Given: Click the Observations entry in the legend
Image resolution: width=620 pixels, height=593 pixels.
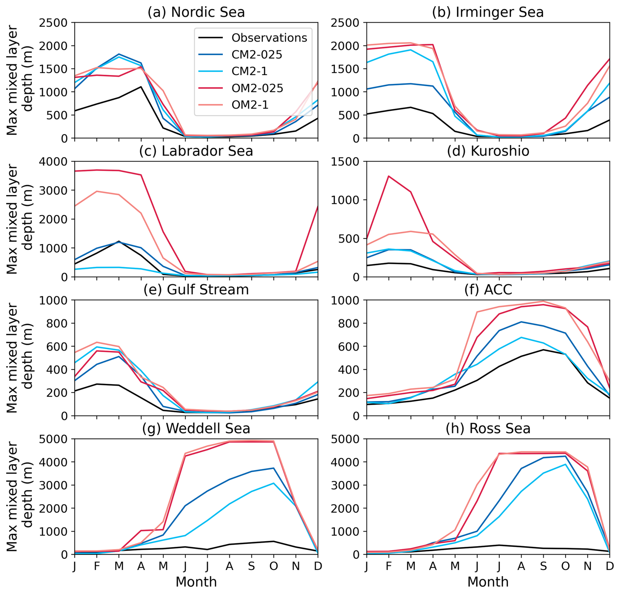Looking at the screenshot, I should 269,38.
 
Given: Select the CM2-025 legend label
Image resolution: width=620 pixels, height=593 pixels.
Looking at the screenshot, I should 257,54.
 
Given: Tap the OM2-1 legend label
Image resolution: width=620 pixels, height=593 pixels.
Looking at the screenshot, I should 250,105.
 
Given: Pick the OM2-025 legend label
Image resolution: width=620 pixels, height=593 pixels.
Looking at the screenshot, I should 257,88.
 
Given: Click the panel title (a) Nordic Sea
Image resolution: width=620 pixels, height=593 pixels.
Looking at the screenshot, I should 196,12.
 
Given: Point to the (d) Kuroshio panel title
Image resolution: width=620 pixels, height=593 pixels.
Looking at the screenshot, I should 488,151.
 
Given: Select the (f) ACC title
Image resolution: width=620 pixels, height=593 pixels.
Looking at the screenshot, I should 488,290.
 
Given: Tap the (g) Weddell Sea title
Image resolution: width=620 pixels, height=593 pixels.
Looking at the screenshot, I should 196,428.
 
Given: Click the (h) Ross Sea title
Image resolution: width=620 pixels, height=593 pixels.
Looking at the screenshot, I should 488,428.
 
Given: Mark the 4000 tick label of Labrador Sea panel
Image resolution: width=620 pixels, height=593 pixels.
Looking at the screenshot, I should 53,161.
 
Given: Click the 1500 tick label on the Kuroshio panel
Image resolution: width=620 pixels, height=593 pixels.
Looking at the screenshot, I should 345,161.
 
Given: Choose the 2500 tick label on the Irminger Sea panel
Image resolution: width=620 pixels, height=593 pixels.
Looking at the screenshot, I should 345,23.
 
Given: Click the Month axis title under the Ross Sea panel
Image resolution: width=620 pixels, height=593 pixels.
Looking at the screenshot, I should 488,582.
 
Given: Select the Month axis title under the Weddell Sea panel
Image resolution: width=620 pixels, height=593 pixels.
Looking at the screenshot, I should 196,582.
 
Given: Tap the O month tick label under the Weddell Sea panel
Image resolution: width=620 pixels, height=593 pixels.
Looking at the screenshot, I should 274,566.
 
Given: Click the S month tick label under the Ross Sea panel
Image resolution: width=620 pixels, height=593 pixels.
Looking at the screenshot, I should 543,566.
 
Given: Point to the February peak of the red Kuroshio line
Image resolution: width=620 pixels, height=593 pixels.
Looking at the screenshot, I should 389,176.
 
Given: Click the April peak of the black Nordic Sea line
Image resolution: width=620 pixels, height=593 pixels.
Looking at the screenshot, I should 141,87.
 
